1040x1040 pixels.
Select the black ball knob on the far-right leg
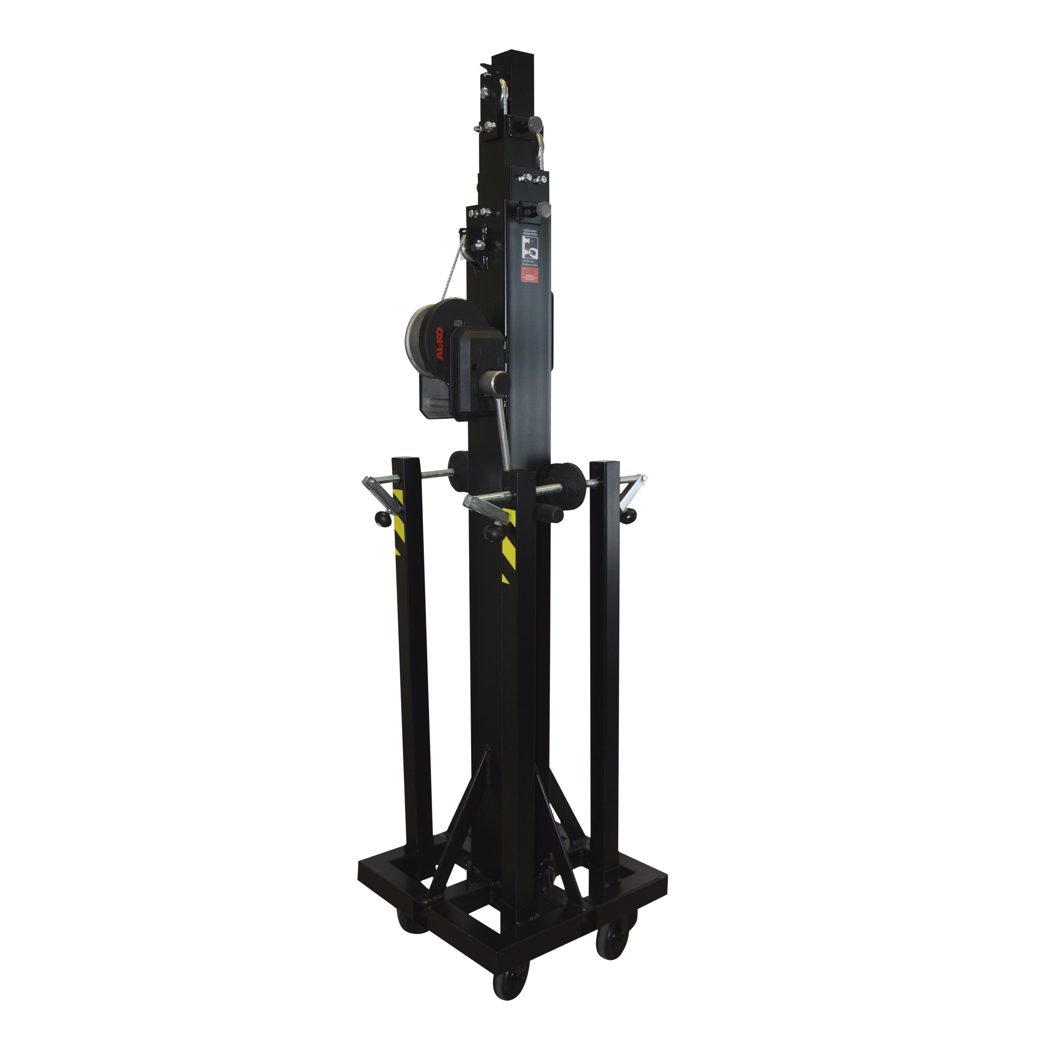pyautogui.click(x=628, y=517)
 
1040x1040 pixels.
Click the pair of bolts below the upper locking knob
pyautogui.click(x=533, y=178)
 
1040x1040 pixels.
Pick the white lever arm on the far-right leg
pyautogui.click(x=632, y=491)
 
